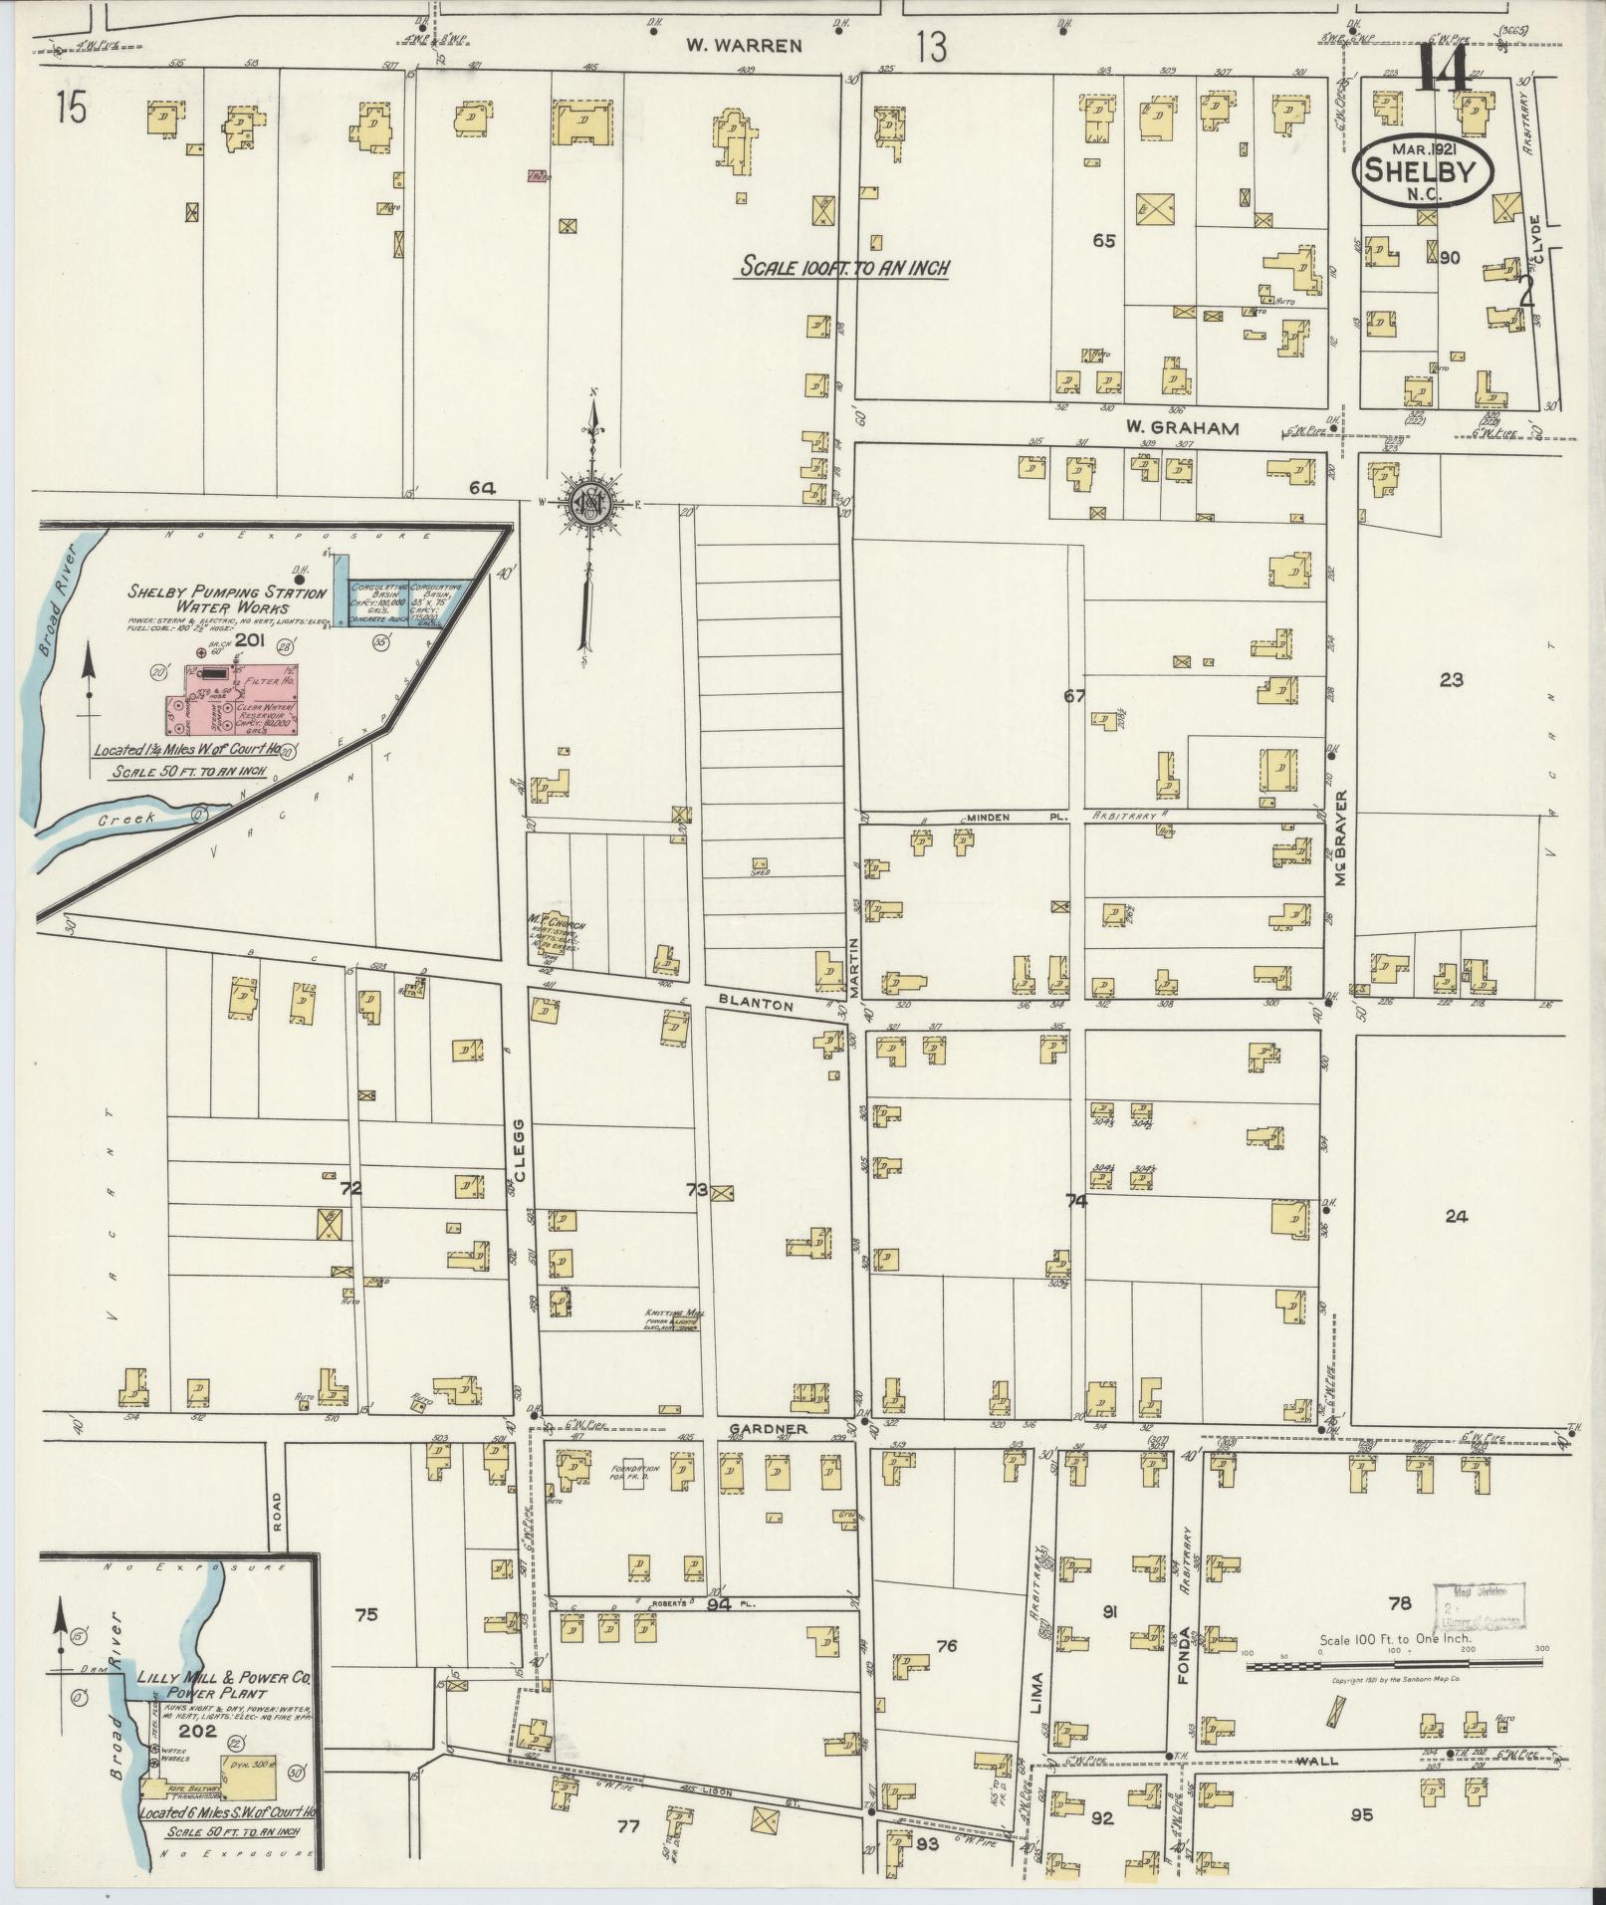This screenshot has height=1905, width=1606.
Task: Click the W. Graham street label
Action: coord(1182,428)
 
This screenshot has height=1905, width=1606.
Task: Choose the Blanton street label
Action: coord(758,1006)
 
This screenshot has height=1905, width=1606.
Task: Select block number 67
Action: coord(1073,696)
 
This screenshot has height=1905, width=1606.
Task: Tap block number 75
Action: coord(365,1614)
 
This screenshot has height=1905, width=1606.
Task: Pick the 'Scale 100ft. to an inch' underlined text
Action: coord(842,267)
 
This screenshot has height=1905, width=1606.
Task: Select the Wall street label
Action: coord(1319,1761)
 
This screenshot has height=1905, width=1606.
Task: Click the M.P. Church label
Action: coord(558,925)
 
